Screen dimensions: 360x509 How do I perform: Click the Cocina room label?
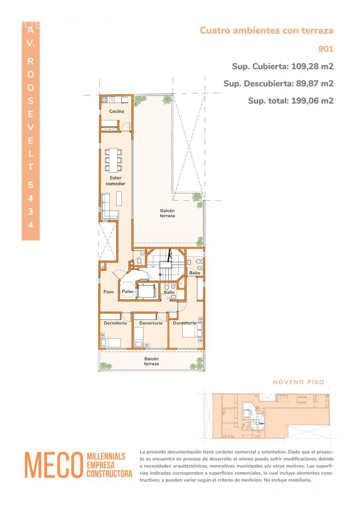tap(116, 111)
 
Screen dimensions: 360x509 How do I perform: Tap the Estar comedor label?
tap(115, 181)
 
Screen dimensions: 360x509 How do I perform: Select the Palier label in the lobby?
tap(128, 291)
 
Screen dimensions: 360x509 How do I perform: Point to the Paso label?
tap(109, 291)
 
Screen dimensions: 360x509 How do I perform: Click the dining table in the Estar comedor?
tap(113, 160)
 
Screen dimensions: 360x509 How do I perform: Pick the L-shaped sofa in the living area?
tap(109, 206)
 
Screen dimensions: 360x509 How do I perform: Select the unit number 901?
tap(326, 49)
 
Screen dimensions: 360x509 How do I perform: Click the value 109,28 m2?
tap(312, 66)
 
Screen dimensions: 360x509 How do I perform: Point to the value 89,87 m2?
tap(315, 84)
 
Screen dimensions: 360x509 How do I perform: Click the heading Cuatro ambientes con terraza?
tap(267, 31)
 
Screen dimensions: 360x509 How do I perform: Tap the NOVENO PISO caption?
tap(298, 382)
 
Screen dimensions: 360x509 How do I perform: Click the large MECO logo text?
tap(53, 465)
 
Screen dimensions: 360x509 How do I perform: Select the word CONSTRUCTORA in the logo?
tap(110, 473)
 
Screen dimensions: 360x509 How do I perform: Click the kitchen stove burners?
tap(104, 99)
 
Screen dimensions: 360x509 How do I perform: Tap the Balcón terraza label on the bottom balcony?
tap(152, 361)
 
